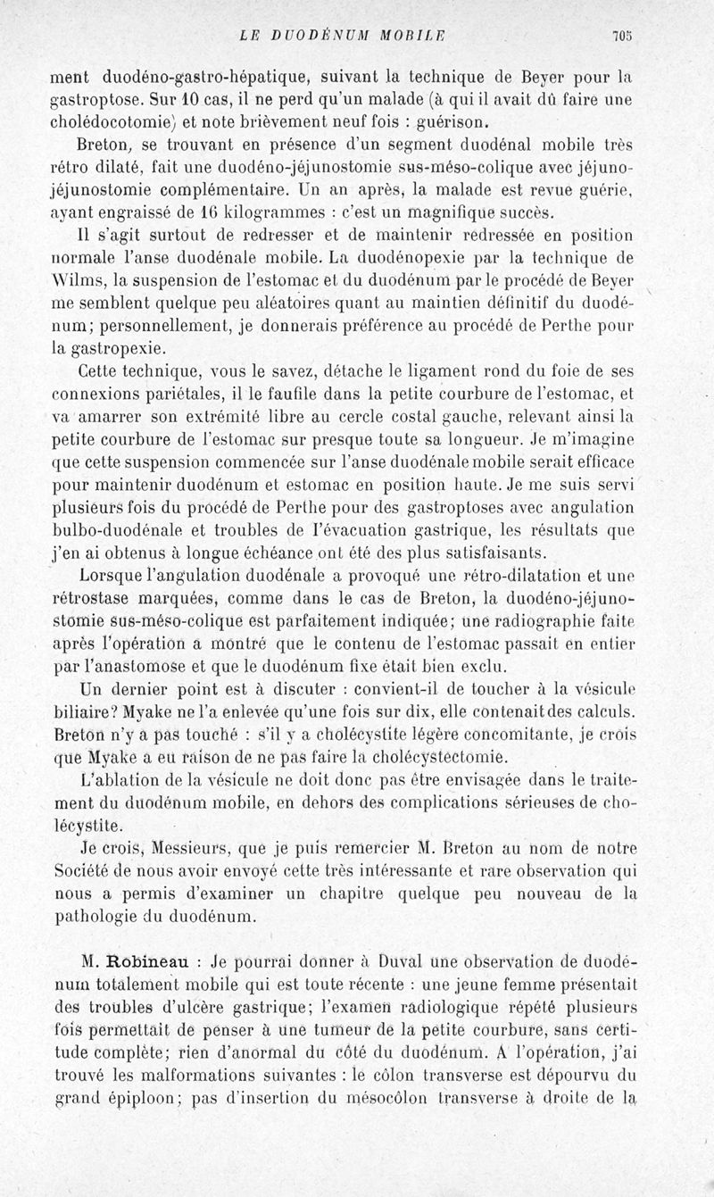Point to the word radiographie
pyautogui.click(x=547, y=621)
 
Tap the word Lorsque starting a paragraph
pyautogui.click(x=117, y=576)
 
